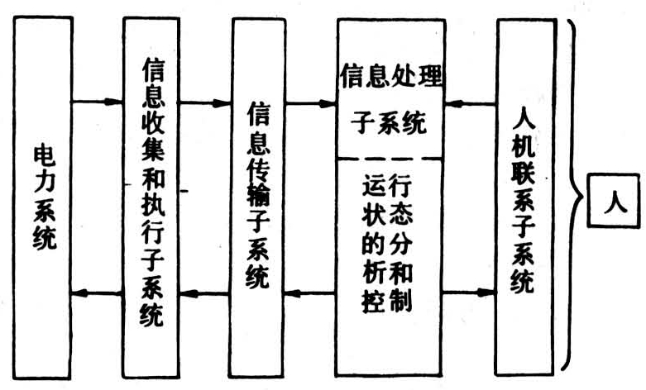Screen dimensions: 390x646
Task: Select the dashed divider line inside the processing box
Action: (x=390, y=157)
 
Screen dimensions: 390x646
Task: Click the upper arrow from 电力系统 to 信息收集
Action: (x=97, y=102)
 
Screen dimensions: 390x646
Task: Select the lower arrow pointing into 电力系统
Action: (x=97, y=292)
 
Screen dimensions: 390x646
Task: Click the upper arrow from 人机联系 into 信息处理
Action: (x=471, y=105)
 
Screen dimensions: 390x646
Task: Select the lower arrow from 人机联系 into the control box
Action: (x=471, y=292)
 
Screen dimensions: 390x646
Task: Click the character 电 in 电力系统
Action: (x=43, y=156)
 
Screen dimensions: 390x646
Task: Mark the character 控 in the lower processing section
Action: (x=374, y=299)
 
